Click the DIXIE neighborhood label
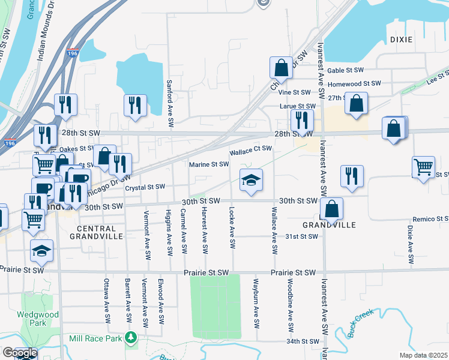click(401, 40)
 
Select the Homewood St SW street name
click(354, 84)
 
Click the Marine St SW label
click(209, 164)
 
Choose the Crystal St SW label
click(145, 187)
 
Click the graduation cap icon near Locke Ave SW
click(251, 179)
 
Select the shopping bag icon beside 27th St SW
click(357, 103)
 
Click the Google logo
click(19, 353)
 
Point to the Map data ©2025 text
click(423, 355)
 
